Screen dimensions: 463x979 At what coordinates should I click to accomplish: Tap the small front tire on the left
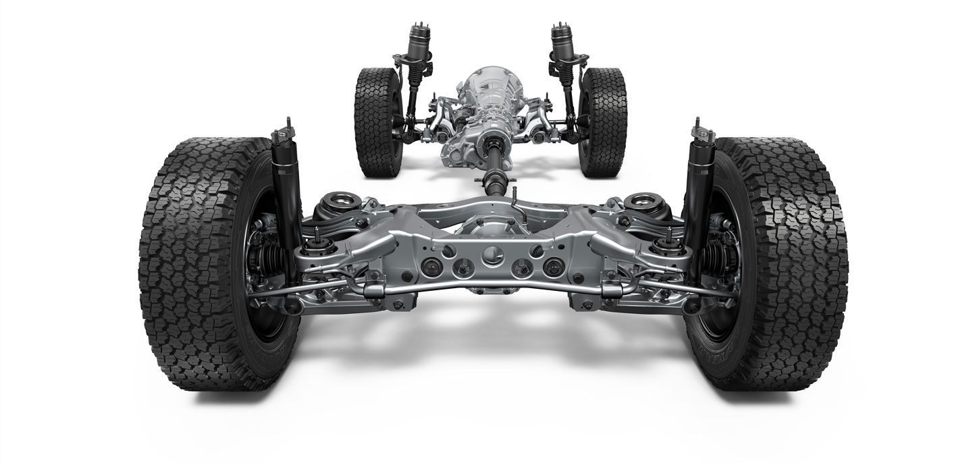point(375,121)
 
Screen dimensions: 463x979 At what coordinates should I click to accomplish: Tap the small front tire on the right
point(603,121)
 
